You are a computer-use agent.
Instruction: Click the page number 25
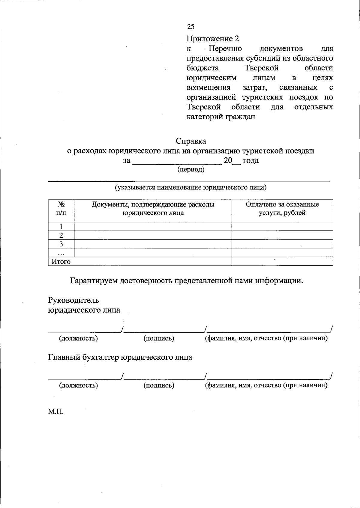[x=191, y=27]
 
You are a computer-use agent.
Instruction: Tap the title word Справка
[x=191, y=141]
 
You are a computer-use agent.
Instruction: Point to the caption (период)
[x=191, y=170]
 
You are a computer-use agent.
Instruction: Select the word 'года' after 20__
[x=250, y=161]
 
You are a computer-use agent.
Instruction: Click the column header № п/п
[x=61, y=209]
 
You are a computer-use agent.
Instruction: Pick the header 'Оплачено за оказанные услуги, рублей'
[x=282, y=209]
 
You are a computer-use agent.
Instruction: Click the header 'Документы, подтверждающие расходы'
[x=153, y=205]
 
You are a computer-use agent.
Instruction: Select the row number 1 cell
[x=61, y=227]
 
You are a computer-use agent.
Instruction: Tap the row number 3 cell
[x=61, y=244]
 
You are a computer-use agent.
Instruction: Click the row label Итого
[x=61, y=262]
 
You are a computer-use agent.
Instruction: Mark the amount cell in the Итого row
[x=282, y=261]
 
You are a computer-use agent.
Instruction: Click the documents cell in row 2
[x=153, y=235]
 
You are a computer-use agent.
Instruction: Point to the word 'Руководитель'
[x=73, y=300]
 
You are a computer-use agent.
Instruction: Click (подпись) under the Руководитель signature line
[x=159, y=338]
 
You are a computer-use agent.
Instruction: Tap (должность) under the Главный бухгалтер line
[x=79, y=385]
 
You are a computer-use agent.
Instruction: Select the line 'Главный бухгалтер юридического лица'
[x=120, y=357]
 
